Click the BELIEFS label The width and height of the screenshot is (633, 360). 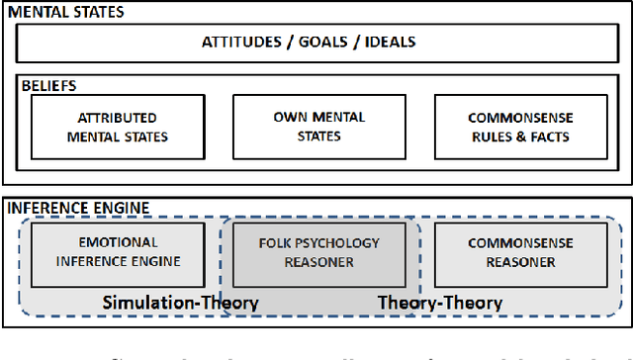(x=48, y=86)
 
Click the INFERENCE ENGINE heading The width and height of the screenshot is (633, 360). (x=78, y=208)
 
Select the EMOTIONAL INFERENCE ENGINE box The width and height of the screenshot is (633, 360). (x=119, y=253)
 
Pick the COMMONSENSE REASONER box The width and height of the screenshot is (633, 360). (x=511, y=253)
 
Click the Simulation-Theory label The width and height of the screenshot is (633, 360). (x=180, y=302)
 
